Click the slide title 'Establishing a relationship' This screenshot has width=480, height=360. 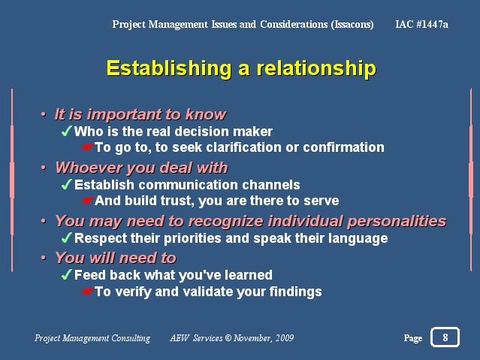pos(241,68)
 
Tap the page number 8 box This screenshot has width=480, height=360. pos(445,337)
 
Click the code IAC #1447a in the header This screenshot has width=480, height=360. pos(421,24)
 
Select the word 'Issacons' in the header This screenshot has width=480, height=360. pos(352,25)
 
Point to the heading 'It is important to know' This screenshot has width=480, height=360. pos(140,114)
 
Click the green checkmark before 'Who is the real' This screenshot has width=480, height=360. pos(66,131)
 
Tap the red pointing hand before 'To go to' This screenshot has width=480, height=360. pos(88,147)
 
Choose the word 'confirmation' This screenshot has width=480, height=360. pos(343,147)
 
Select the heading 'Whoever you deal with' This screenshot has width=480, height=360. pos(142,168)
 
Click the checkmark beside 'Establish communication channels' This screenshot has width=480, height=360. pos(66,184)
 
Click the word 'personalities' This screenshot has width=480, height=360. pos(397,222)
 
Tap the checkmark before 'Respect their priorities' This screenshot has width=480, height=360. pos(66,237)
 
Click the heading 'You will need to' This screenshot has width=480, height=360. pos(116,258)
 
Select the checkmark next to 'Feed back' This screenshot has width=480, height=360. pos(66,274)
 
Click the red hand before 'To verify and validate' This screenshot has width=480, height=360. pos(88,292)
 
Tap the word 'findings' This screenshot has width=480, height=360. pos(295,292)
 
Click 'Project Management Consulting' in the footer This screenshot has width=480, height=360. pos(92,338)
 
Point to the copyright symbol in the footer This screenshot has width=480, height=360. pos(228,338)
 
